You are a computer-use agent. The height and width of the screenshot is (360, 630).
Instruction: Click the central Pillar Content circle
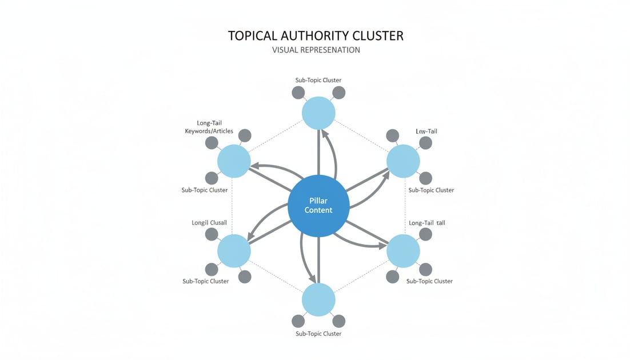click(318, 205)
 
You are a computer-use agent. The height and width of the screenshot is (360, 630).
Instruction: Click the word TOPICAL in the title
click(254, 35)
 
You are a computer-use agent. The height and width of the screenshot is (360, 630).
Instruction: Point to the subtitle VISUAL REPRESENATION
click(316, 50)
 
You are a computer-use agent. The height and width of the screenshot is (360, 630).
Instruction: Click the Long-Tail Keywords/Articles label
click(210, 127)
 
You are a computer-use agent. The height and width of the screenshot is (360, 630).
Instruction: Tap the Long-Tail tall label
click(426, 222)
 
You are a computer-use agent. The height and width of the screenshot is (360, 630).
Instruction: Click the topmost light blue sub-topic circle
click(318, 113)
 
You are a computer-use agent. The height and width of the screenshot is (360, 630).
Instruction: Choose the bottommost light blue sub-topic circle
click(318, 299)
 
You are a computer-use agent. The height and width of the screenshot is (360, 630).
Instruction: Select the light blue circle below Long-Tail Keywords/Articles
click(234, 161)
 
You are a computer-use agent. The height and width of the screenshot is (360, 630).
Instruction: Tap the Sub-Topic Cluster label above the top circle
click(318, 80)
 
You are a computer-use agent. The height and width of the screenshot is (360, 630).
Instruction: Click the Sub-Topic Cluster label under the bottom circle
click(318, 334)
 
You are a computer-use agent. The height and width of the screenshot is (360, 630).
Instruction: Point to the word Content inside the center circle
click(318, 210)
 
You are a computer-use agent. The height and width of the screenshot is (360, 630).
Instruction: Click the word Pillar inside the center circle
click(318, 200)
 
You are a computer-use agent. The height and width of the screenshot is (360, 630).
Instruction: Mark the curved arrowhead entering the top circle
click(324, 133)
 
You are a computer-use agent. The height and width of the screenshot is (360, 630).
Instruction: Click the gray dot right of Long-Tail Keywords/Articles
click(244, 135)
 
